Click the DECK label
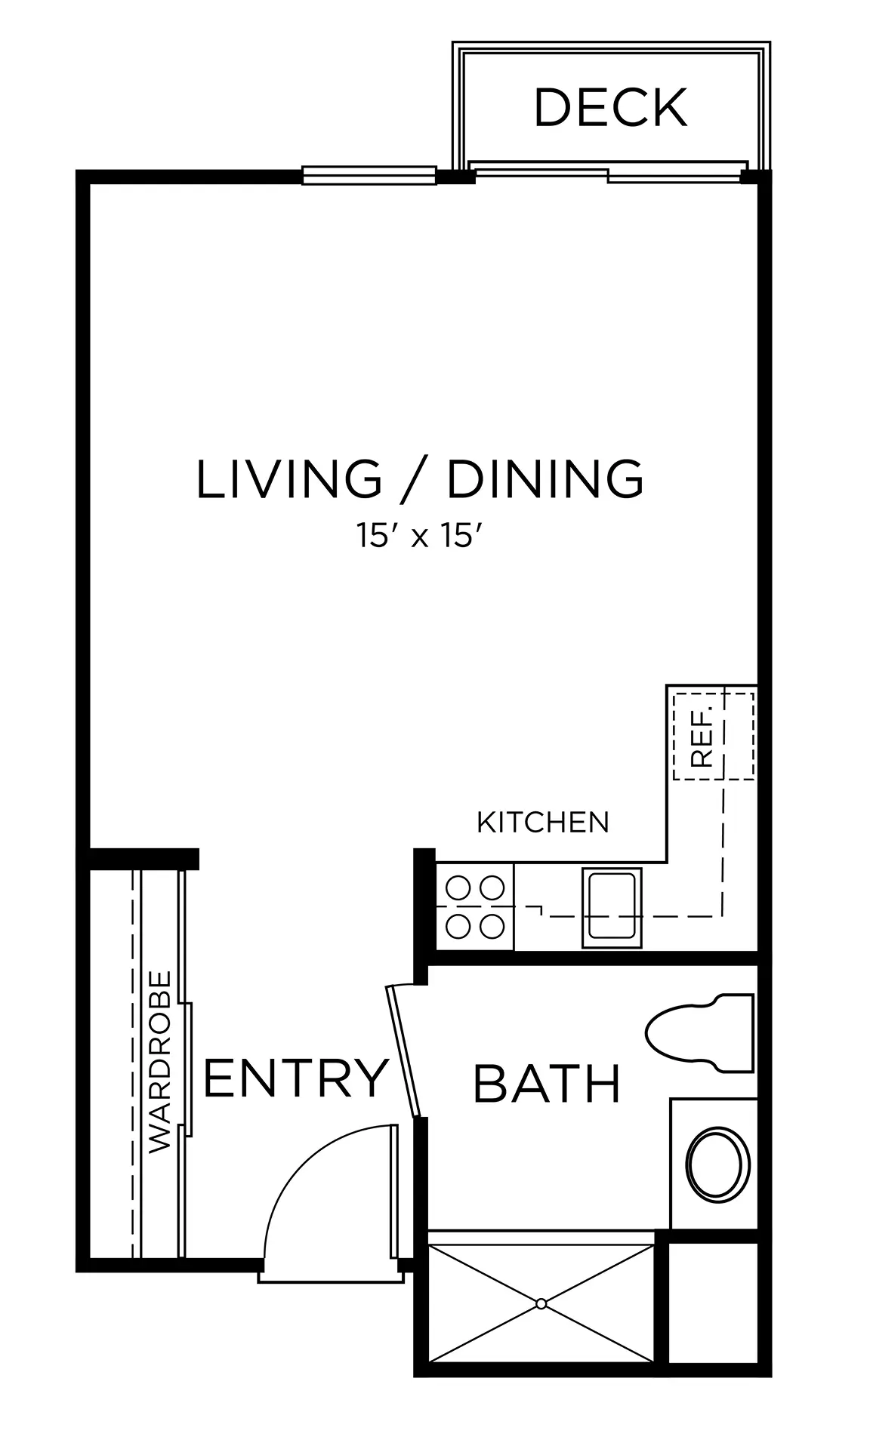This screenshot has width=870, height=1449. [x=610, y=108]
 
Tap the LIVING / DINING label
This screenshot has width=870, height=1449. [x=420, y=478]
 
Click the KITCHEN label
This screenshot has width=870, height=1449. [x=543, y=822]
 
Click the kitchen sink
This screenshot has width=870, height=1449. [x=612, y=906]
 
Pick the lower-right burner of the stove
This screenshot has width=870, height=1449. [x=492, y=925]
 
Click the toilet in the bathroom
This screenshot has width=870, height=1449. [x=700, y=1033]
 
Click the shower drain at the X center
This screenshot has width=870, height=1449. [x=541, y=1304]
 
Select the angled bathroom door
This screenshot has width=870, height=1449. [x=402, y=1051]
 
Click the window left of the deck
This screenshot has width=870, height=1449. [x=369, y=175]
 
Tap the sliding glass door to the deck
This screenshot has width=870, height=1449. [x=608, y=173]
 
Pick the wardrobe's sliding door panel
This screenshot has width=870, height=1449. [x=184, y=1064]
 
